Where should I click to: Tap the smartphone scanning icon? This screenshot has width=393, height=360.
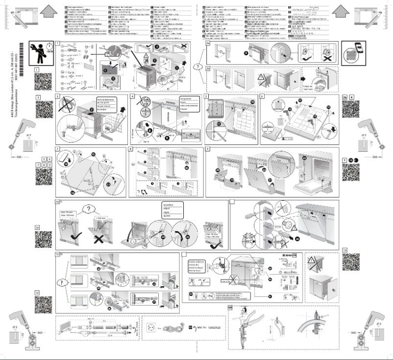coord(353,52)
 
